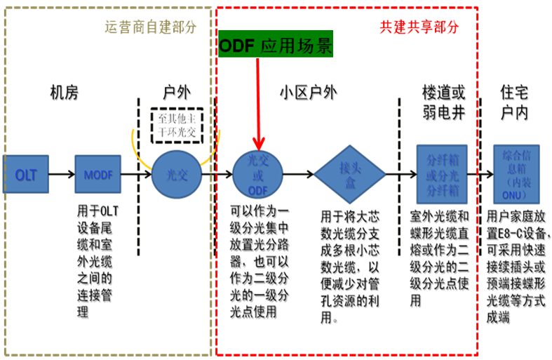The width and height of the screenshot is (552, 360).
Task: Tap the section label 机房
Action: tap(64, 93)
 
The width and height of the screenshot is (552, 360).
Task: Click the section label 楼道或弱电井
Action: tap(443, 102)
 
